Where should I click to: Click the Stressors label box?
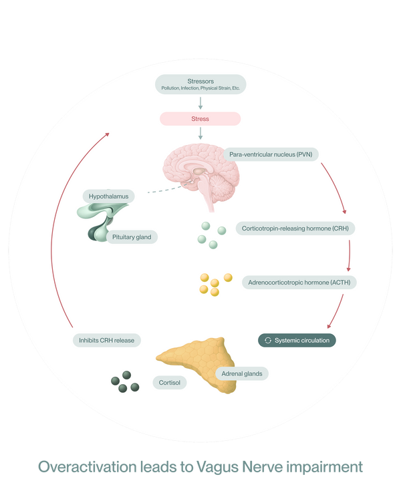pyautogui.click(x=200, y=84)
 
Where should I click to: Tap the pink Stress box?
pyautogui.click(x=200, y=119)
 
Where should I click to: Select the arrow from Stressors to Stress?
pyautogui.click(x=200, y=103)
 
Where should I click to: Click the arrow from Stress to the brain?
pyautogui.click(x=200, y=133)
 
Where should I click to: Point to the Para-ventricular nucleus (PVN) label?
pyautogui.click(x=271, y=154)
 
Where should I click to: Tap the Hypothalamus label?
pyautogui.click(x=109, y=196)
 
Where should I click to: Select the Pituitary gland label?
pyautogui.click(x=132, y=237)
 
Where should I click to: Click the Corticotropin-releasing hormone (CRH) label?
pyautogui.click(x=295, y=228)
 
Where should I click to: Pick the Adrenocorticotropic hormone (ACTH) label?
pyautogui.click(x=299, y=283)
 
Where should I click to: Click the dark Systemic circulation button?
pyautogui.click(x=297, y=340)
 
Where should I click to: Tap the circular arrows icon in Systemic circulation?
pyautogui.click(x=268, y=340)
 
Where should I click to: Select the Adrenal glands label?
pyautogui.click(x=242, y=373)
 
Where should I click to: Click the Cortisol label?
pyautogui.click(x=170, y=383)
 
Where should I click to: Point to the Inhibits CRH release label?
pyautogui.click(x=107, y=340)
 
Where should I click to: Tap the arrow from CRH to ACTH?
pyautogui.click(x=349, y=256)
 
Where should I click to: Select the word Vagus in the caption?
pyautogui.click(x=217, y=466)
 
